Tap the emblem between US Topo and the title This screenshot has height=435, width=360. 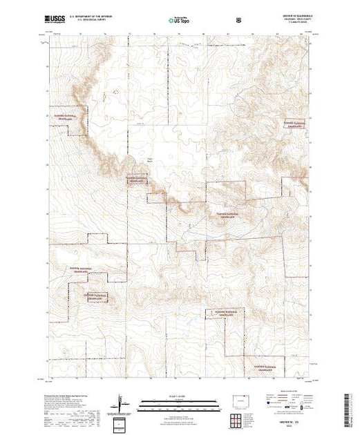click(x=239, y=21)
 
